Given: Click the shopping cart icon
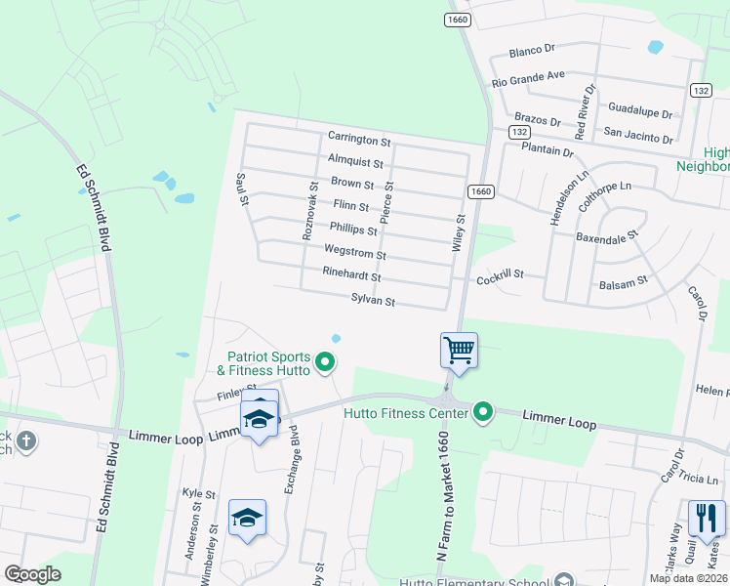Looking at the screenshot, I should point(459,349).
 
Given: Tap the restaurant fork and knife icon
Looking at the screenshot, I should point(707,518).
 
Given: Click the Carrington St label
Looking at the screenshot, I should point(359,139).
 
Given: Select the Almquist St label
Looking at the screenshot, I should point(356,160).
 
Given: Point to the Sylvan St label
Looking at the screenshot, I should point(373,301).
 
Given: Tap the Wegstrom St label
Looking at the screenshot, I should point(355,252).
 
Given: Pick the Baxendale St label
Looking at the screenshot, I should point(606,235).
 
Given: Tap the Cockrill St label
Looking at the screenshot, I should point(501,279).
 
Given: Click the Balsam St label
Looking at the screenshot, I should point(623,281).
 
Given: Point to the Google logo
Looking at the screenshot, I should point(32,574).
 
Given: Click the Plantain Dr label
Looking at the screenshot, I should point(547,150).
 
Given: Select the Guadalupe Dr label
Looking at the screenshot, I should point(641,109).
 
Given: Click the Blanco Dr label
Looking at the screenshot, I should point(532,49).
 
